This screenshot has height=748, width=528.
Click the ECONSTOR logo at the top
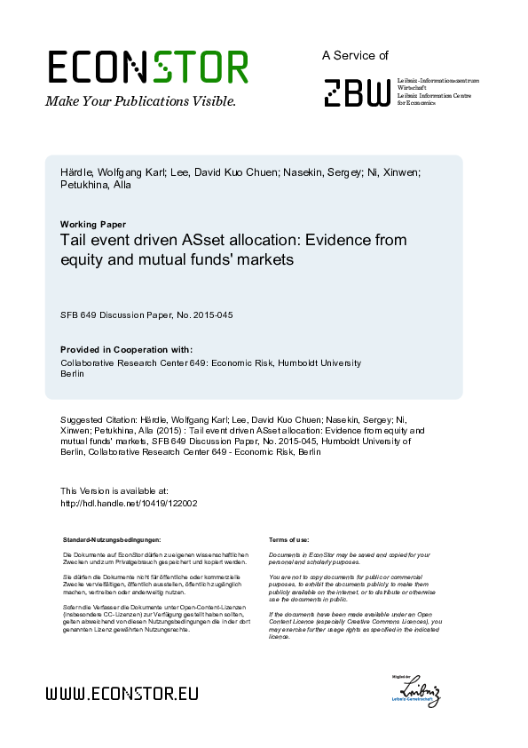[148, 67]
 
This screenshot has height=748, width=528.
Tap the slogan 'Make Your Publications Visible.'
[140, 100]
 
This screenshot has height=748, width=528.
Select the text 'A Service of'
[355, 55]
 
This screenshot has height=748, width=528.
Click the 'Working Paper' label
[92, 224]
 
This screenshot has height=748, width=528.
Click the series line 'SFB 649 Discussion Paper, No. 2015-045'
[146, 314]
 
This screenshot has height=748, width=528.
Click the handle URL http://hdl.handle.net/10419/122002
[128, 503]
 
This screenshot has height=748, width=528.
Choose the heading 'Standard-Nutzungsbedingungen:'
[112, 539]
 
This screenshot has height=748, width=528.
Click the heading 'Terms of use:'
[288, 539]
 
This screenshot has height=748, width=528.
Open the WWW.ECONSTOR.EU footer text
[122, 693]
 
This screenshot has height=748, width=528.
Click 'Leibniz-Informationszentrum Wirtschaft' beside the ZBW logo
[438, 83]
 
